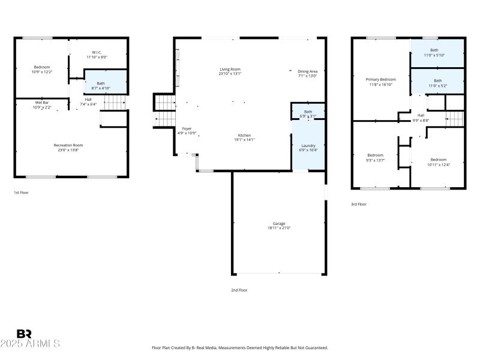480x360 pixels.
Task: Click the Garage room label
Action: (x=279, y=226)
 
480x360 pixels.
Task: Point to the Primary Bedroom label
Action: (x=380, y=82)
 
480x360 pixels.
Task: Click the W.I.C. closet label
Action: (x=98, y=54)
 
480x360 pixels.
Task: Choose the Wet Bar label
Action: (x=41, y=104)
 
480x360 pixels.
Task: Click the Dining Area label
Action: (x=307, y=73)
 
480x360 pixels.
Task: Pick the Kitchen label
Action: (x=244, y=137)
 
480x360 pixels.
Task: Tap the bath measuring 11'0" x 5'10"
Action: (x=437, y=53)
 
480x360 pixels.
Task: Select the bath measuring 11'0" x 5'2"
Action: (x=437, y=82)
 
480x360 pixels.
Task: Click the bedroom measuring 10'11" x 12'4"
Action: (x=437, y=161)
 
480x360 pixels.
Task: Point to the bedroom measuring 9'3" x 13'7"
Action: (x=376, y=157)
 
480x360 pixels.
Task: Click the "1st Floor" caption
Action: (x=21, y=193)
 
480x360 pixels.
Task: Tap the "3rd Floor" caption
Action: (x=358, y=204)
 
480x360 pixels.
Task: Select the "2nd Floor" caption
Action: (x=239, y=290)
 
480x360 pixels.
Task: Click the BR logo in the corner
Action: (x=24, y=334)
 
